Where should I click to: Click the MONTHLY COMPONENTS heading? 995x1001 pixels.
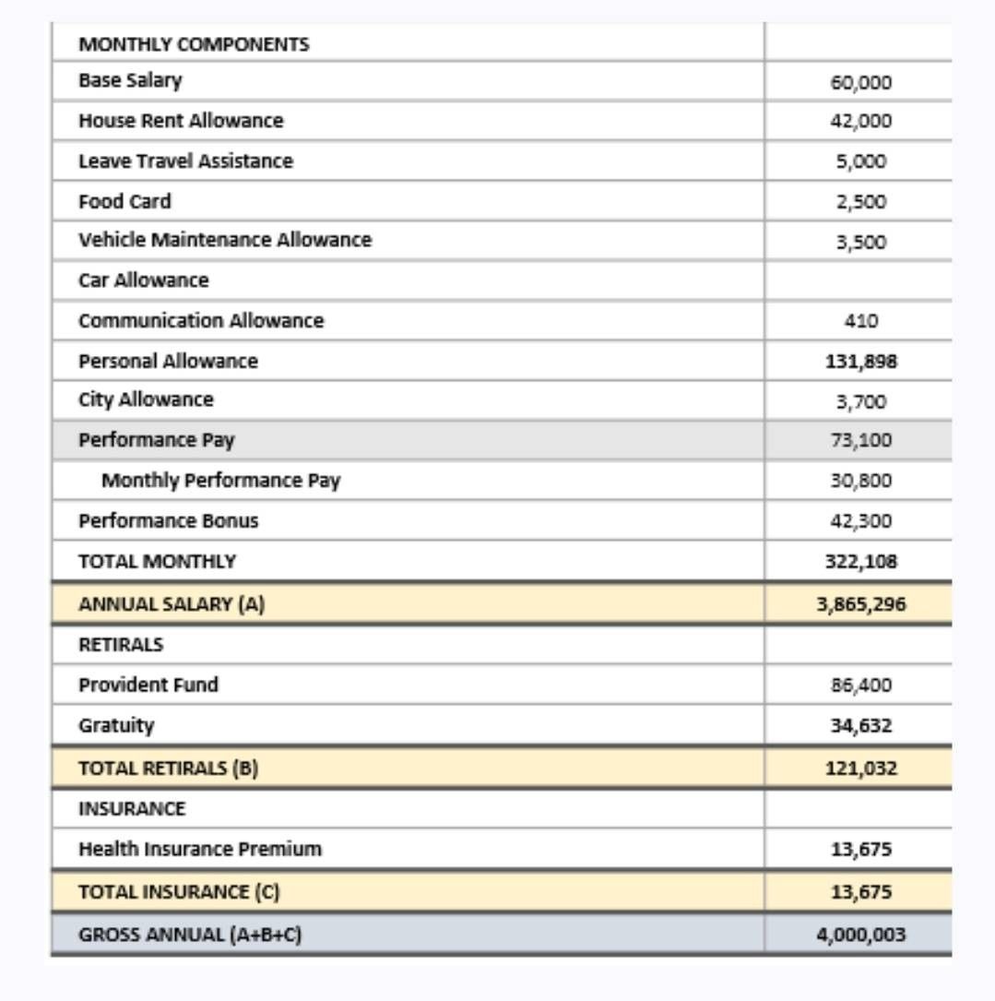coord(194,44)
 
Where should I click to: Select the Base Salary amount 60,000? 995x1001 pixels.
coord(860,83)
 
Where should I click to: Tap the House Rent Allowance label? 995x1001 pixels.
coord(181,121)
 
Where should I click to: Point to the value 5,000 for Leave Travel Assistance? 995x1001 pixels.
coord(860,161)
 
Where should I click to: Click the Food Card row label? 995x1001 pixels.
coord(124,201)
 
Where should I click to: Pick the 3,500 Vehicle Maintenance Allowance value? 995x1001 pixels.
coord(860,243)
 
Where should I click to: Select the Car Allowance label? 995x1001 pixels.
coord(144,280)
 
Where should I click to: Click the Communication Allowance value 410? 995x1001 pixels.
coord(860,321)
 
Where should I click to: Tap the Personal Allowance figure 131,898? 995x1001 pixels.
coord(860,362)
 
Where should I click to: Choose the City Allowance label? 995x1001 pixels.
coord(146,400)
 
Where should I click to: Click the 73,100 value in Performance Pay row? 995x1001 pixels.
coord(860,440)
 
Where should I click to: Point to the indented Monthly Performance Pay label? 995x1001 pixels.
coord(220,481)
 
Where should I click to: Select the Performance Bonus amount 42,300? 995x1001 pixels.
coord(860,521)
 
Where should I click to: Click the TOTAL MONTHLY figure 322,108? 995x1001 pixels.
coord(860,562)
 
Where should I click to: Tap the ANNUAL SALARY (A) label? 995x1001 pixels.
coord(172,605)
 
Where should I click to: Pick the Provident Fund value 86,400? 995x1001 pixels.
coord(860,685)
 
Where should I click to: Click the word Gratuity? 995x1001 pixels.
coord(116,725)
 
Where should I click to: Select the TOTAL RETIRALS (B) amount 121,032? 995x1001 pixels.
coord(860,769)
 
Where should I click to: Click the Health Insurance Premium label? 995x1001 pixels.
coord(200,849)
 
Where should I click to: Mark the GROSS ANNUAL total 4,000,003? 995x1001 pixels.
coord(860,935)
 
